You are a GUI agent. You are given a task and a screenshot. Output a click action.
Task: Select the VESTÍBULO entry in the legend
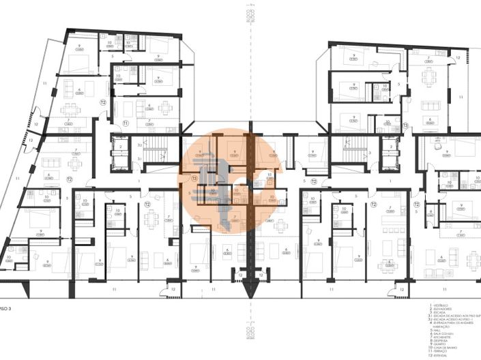[439, 304]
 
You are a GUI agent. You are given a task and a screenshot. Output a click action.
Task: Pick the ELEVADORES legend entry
[441, 308]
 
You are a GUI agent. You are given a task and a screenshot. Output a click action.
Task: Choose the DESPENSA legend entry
[439, 340]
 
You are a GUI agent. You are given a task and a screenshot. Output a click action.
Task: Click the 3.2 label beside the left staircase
[139, 145]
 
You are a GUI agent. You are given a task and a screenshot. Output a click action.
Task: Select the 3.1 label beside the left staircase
[139, 159]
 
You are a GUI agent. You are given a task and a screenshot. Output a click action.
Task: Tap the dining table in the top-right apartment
[428, 76]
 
